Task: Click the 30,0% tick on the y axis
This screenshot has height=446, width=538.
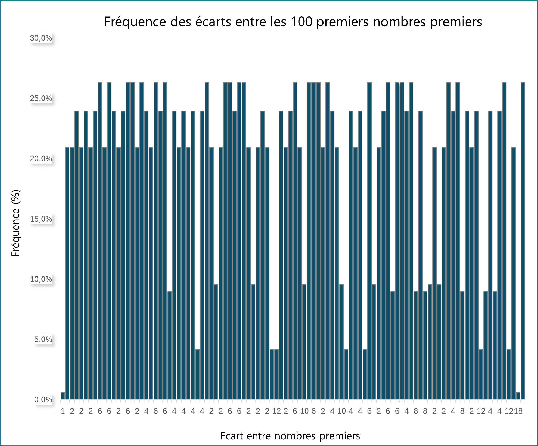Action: tap(41, 38)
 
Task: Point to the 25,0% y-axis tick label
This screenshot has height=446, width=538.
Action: tap(41, 98)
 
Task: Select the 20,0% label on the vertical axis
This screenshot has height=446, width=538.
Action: tap(41, 159)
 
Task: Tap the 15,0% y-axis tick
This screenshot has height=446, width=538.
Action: tap(41, 219)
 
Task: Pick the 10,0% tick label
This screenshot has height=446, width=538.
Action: tap(41, 279)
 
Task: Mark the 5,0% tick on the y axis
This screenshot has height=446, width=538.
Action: tap(43, 339)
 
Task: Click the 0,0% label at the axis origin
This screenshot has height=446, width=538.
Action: tap(43, 399)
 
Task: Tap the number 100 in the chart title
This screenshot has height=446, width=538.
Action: tap(302, 22)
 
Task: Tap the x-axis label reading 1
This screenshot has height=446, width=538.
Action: tap(62, 411)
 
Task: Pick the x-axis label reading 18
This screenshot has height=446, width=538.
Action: tap(518, 411)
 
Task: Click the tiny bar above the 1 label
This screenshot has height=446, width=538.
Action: tap(62, 396)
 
